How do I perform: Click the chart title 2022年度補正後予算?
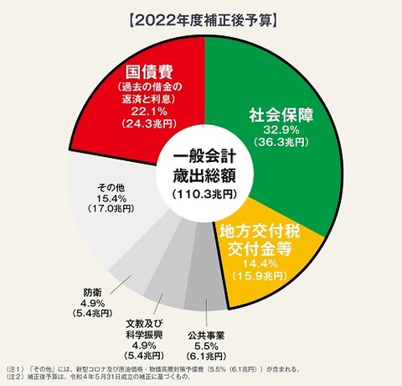201,18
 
